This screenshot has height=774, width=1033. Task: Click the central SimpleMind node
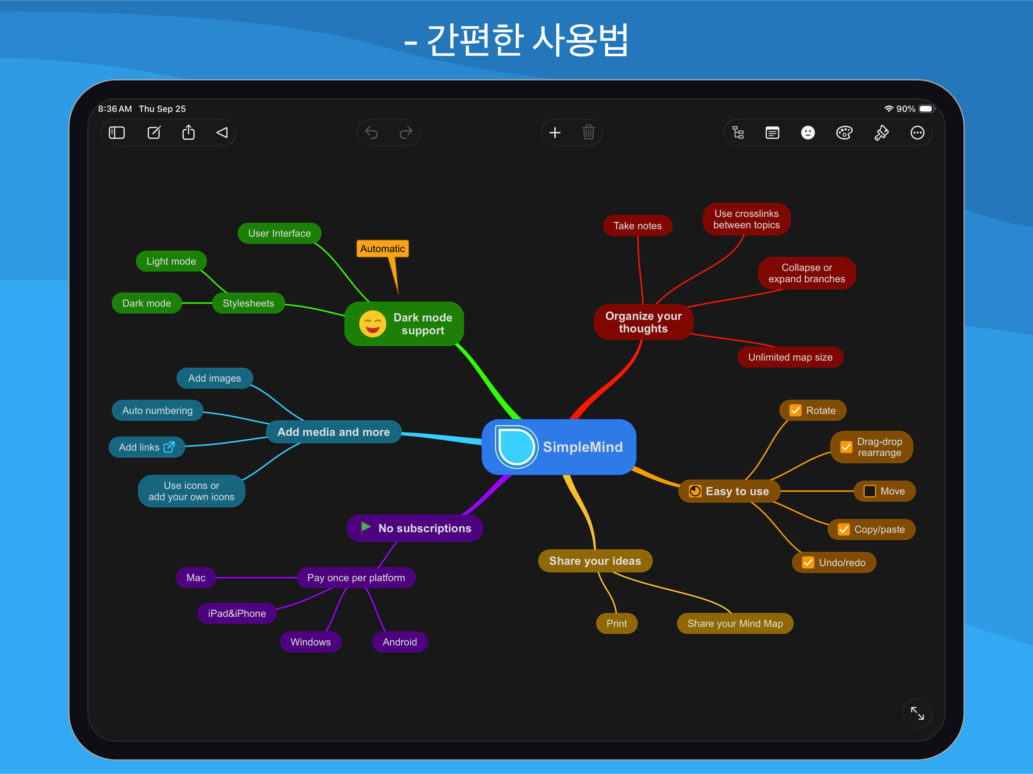558,447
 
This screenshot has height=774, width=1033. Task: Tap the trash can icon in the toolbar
588,133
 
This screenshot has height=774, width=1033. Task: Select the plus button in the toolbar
555,133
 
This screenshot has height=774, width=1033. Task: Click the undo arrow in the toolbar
371,133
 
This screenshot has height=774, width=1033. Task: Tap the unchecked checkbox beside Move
869,491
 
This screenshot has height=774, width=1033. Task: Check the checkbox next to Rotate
795,410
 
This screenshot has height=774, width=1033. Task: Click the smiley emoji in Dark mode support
372,324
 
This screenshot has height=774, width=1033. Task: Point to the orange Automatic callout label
383,248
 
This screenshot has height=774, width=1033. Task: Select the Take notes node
637,226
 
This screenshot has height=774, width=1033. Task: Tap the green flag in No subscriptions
366,528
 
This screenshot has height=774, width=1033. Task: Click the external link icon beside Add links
169,447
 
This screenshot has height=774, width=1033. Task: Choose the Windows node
310,642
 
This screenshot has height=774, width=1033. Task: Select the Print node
616,624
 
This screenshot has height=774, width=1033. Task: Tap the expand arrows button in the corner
917,713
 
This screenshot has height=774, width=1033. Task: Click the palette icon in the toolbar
844,133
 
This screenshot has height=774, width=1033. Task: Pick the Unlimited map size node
790,357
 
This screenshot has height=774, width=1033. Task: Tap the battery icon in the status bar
926,109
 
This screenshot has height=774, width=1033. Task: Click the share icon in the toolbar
188,133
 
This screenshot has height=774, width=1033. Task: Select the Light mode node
171,262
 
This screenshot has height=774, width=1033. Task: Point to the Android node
400,642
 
